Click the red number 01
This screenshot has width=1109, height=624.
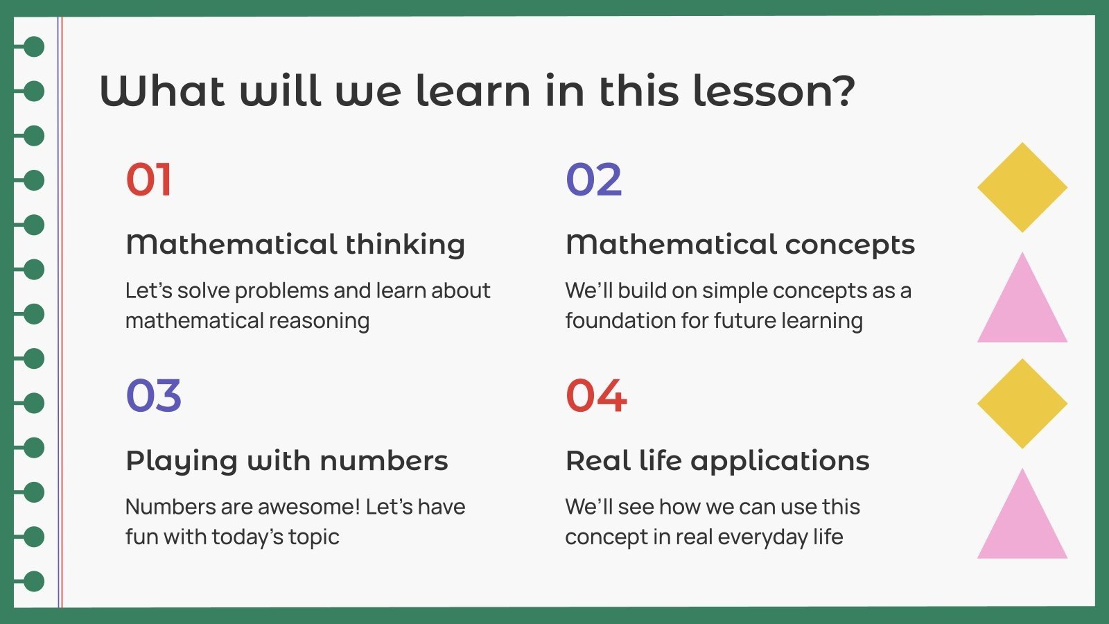148,180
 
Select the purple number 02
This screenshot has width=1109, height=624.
594,180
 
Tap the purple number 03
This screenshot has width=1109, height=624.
154,396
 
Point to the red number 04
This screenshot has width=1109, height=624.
597,396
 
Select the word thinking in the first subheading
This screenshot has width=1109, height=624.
405,245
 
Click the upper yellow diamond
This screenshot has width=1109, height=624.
1022,187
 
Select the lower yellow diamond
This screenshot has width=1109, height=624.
1022,404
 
